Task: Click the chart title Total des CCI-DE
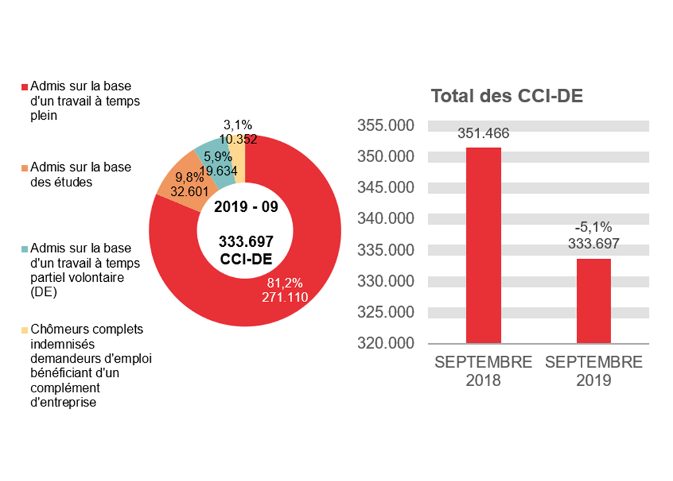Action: click(x=506, y=96)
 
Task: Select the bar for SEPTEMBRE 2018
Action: click(x=483, y=246)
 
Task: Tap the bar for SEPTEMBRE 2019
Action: click(x=594, y=301)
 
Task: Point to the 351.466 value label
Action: click(x=483, y=133)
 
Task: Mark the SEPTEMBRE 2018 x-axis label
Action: click(x=483, y=371)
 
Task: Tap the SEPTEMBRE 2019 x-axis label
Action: click(x=594, y=371)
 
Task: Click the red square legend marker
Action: click(x=26, y=87)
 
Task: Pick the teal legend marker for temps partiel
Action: click(x=26, y=249)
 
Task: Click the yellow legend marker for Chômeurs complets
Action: click(x=26, y=330)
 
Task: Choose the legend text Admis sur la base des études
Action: click(x=81, y=174)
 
